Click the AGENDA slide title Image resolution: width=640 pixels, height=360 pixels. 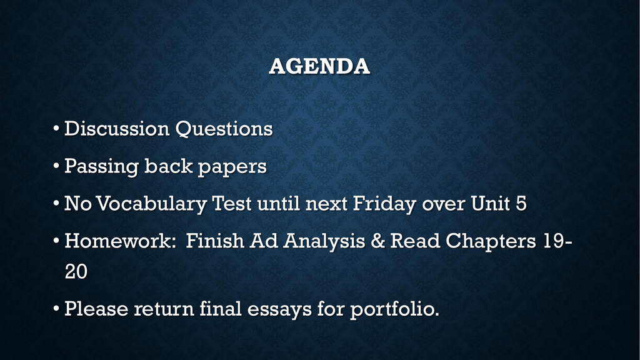[x=319, y=66]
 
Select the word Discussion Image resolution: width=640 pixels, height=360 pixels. [x=117, y=128]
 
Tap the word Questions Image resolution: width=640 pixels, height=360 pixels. [x=224, y=129]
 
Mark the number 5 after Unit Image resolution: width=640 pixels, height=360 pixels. [x=521, y=203]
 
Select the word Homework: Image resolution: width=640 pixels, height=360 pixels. [x=120, y=241]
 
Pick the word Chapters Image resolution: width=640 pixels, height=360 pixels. [x=490, y=241]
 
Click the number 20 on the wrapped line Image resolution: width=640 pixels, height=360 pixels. [x=76, y=271]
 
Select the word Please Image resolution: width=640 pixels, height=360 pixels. [x=96, y=308]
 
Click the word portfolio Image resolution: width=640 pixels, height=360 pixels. [x=394, y=309]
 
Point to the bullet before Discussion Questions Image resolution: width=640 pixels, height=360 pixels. [x=56, y=129]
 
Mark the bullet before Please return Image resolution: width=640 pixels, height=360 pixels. [x=56, y=309]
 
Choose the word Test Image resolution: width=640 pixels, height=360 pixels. [x=232, y=203]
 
